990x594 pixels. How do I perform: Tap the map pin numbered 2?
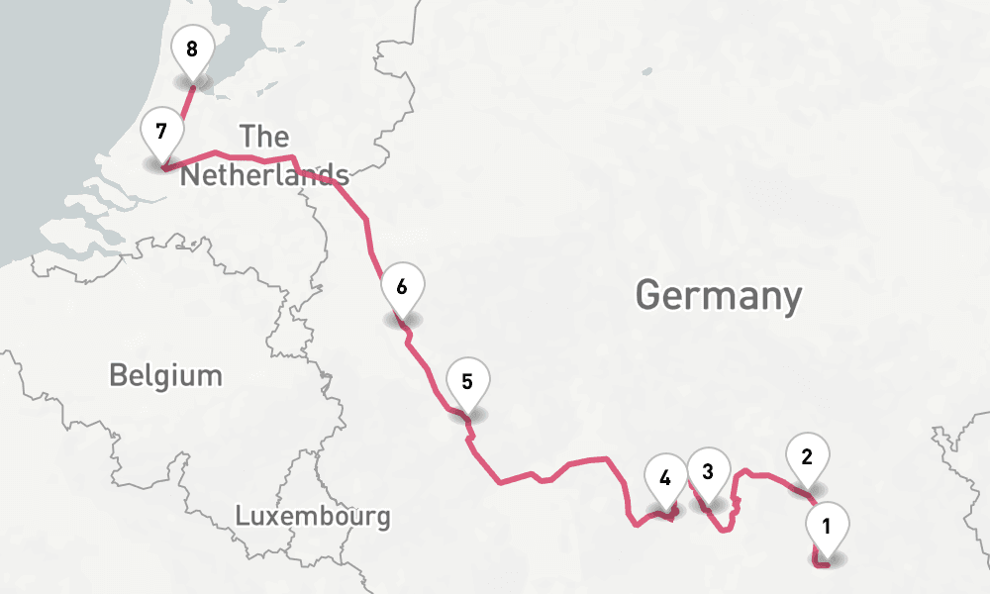(807, 459)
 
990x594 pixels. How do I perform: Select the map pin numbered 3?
(708, 473)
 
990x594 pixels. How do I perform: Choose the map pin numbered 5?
(467, 382)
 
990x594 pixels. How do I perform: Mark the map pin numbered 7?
(160, 132)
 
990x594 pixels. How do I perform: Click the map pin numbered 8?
(191, 49)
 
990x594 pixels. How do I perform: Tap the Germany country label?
(718, 295)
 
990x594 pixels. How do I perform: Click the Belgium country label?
(165, 375)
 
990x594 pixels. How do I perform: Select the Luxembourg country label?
(313, 516)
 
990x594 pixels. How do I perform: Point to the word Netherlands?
(264, 176)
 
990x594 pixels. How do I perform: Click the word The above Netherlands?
(264, 137)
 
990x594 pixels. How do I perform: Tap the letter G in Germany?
(648, 295)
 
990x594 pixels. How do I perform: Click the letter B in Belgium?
(118, 375)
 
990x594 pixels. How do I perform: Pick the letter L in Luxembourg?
(242, 516)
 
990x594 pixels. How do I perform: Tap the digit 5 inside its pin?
(467, 380)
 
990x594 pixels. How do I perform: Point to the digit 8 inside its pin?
(191, 48)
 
